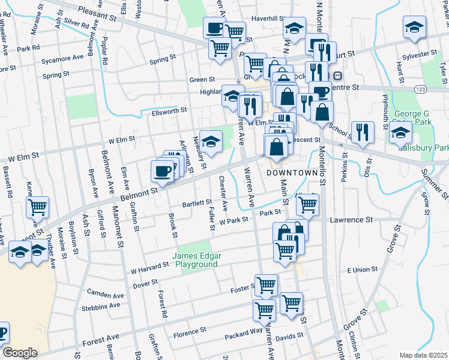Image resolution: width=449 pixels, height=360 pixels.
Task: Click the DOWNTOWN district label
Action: coord(291,172)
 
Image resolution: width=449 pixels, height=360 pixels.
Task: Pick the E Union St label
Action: coord(365,271)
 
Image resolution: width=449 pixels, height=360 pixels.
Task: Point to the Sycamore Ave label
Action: coord(62,61)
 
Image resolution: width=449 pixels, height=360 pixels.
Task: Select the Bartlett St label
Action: coord(198,203)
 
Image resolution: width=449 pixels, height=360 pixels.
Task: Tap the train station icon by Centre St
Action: coord(338,76)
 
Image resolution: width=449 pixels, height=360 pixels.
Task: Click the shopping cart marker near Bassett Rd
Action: coord(38,206)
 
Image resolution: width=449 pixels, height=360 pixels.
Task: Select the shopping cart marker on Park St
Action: coord(307,204)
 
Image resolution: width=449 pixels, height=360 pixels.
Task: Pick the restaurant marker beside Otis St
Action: coord(363,131)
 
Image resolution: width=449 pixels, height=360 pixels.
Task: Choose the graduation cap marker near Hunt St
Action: coord(414,28)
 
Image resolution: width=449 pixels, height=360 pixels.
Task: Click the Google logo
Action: coord(20,353)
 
